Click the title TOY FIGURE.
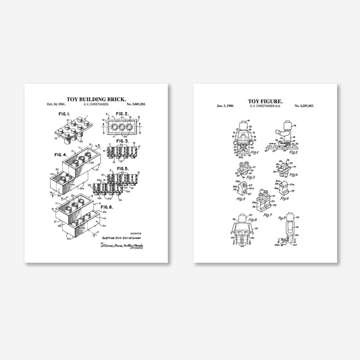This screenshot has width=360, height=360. pyautogui.click(x=268, y=99)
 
